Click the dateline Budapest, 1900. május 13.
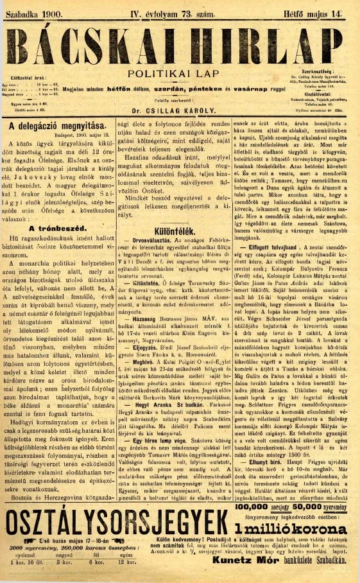click(x=74, y=137)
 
